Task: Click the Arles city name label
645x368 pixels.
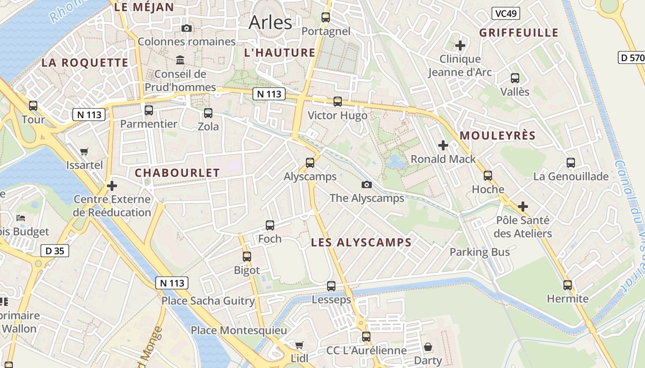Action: coord(270,22)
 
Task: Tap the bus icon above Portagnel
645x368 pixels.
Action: coord(326,17)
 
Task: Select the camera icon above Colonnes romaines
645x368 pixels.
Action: coord(187,29)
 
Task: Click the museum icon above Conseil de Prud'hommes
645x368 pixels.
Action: coord(180,60)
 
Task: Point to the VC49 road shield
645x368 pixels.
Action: coord(505,13)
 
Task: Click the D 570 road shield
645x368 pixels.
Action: coord(631,57)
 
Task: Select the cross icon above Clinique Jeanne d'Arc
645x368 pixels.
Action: coord(460,46)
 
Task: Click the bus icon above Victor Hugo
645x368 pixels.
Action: coord(338,102)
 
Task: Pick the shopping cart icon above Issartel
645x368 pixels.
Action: coord(84,151)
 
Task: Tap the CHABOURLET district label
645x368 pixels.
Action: coord(177,173)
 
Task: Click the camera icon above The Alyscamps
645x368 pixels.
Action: coord(367,185)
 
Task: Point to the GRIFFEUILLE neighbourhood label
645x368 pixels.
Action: coord(519,33)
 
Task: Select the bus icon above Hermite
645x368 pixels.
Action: coord(568,285)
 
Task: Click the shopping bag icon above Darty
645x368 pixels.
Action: coord(428,346)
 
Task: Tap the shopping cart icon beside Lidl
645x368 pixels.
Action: coord(299,345)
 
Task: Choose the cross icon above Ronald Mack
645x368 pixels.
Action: coord(443,145)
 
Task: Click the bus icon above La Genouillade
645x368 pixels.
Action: coord(571,162)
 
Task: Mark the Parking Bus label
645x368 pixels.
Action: coord(480,252)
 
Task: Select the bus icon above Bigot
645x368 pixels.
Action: coord(247,256)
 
